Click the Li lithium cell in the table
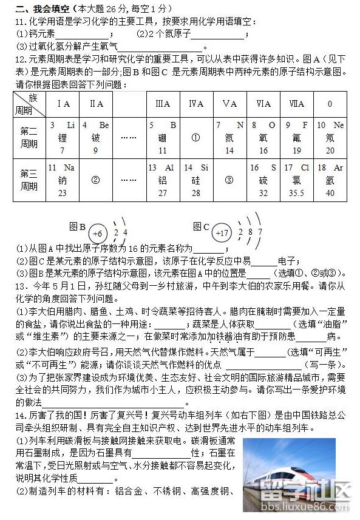click(63, 138)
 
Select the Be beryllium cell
click(95, 138)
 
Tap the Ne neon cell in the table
click(330, 138)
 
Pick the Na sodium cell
click(63, 180)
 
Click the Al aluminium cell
click(162, 180)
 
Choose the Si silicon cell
click(195, 180)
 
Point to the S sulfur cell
click(263, 180)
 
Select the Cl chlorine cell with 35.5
click(297, 180)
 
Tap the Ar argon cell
click(330, 180)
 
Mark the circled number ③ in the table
click(229, 180)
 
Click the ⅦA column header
click(297, 104)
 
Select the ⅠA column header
click(63, 104)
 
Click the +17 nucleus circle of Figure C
click(223, 232)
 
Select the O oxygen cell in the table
click(263, 138)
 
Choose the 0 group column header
click(330, 104)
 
